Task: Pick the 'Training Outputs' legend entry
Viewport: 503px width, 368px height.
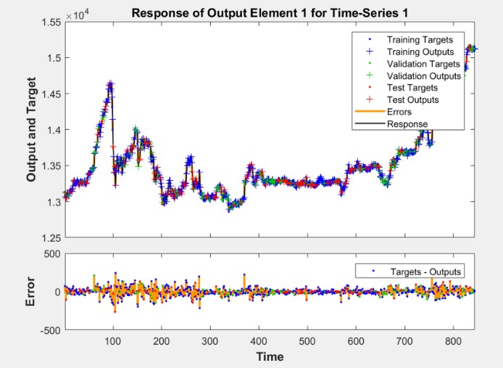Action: coord(420,52)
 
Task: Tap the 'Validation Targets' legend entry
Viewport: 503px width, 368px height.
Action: coord(423,64)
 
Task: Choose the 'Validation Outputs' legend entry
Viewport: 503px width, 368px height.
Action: coord(424,76)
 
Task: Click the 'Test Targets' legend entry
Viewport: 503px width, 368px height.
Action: coord(412,88)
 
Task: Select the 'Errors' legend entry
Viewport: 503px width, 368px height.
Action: coord(399,113)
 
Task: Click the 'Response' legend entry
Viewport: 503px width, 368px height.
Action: coord(407,124)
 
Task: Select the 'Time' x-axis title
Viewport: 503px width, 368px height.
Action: coord(270,357)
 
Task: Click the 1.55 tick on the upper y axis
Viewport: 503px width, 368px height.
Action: coord(51,23)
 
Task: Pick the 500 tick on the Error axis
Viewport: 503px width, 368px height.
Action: coord(53,254)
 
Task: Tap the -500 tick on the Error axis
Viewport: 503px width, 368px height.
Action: coord(51,330)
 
